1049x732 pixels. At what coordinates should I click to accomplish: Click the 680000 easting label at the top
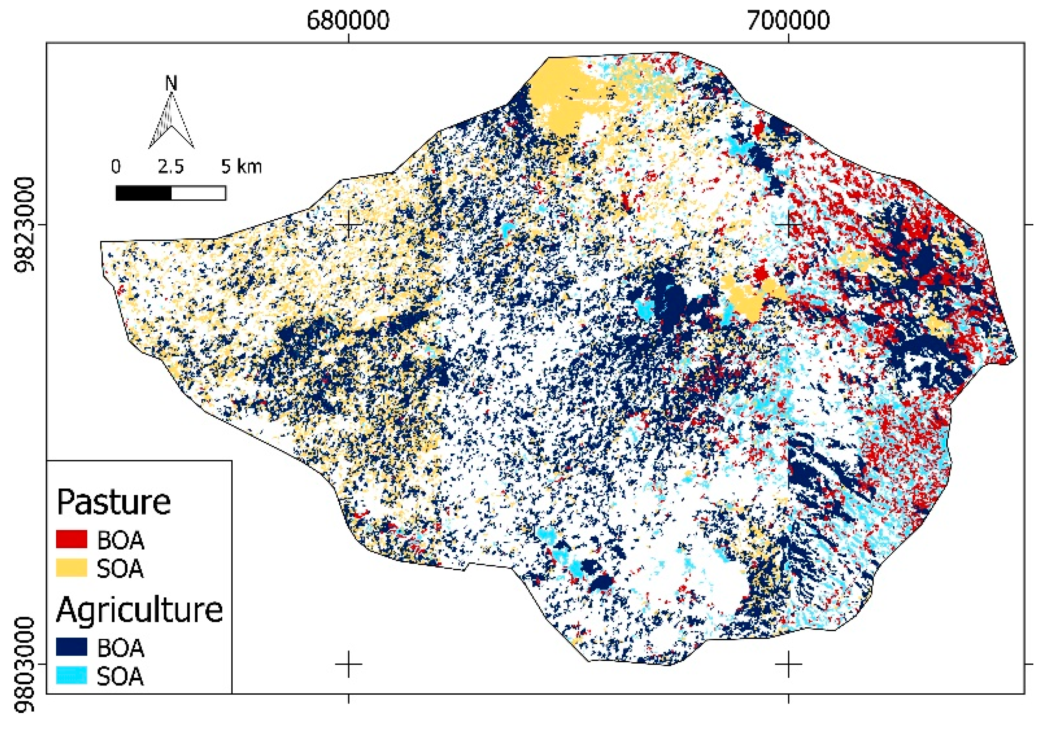tap(348, 20)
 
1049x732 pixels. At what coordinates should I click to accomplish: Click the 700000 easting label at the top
tap(788, 20)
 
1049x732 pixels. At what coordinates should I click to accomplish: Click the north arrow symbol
tap(171, 121)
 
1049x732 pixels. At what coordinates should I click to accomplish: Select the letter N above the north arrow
tap(171, 84)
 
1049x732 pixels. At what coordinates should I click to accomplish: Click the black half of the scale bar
tap(143, 193)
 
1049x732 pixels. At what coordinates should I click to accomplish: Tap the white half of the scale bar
tap(198, 193)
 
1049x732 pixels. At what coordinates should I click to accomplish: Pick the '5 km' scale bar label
tap(241, 167)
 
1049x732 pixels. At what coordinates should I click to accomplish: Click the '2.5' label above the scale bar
tap(171, 167)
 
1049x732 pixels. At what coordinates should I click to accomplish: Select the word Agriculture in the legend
tap(139, 610)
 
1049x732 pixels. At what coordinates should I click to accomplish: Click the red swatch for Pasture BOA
tap(71, 539)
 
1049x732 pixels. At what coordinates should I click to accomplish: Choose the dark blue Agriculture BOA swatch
tap(71, 647)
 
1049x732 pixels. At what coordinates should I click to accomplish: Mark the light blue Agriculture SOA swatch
tap(71, 675)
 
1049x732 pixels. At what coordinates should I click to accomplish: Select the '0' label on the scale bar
tap(116, 167)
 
